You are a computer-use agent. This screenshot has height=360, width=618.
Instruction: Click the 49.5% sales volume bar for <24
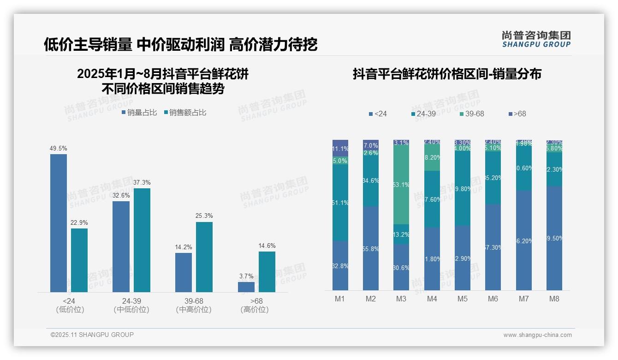59,223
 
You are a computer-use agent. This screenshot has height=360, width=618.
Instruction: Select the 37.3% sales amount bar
142,240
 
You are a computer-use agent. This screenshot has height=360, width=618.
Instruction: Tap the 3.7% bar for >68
246,287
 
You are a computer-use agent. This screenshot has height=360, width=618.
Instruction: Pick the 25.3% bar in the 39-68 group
204,257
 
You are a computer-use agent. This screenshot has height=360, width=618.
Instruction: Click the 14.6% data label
267,246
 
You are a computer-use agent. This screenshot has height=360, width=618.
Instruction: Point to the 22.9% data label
79,223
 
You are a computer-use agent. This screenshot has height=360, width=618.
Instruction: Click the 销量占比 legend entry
139,113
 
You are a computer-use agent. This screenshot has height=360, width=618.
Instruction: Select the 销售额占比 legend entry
185,113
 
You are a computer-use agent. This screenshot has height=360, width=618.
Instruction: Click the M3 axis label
401,299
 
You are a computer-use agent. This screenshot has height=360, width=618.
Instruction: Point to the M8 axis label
554,299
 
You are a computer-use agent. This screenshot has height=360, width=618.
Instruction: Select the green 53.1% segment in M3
401,185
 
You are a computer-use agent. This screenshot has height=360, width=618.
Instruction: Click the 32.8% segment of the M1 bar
340,265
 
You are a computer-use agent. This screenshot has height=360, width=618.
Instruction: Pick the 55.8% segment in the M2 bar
371,248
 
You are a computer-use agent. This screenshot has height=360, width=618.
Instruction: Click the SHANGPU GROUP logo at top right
536,39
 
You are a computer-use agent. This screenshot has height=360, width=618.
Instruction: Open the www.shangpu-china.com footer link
537,335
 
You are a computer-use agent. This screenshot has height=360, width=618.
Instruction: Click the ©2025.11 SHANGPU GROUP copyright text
92,335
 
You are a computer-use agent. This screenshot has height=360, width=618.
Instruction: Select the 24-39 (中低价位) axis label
131,306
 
